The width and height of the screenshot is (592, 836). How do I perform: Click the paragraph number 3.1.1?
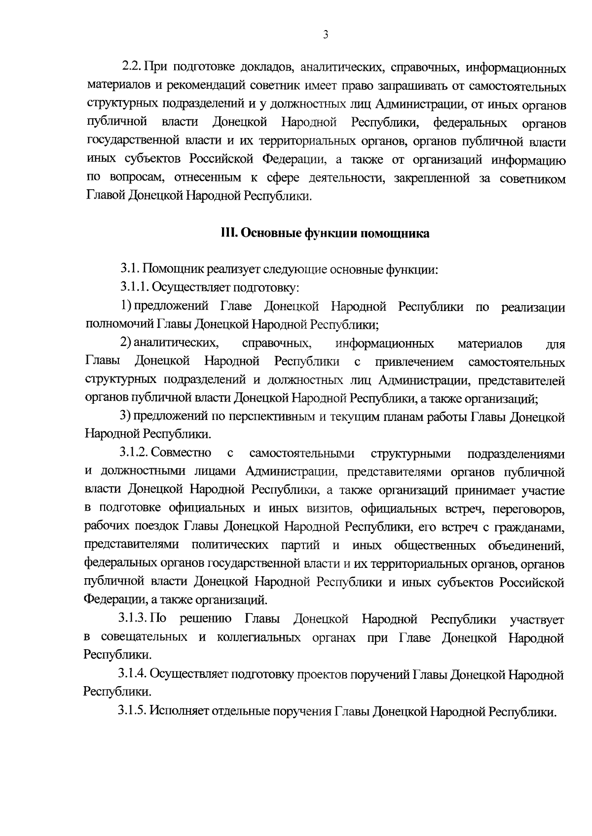click(136, 287)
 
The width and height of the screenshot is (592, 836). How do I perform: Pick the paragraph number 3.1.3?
click(133, 619)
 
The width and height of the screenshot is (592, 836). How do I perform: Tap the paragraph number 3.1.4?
click(133, 673)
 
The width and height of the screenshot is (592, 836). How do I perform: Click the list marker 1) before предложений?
click(126, 306)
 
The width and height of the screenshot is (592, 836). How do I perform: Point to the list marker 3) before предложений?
click(126, 416)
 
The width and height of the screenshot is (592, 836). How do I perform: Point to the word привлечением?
click(414, 362)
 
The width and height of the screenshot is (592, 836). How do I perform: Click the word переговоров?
click(529, 508)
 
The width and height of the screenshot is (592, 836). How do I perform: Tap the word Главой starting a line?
click(106, 196)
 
